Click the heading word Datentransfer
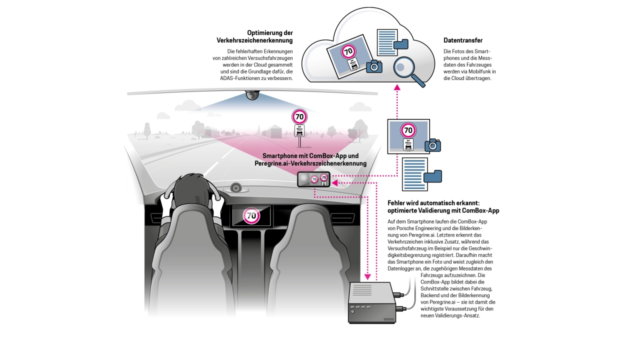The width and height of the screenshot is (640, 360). click(463, 40)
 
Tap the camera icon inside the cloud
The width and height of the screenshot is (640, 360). click(374, 66)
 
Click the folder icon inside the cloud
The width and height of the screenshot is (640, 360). click(401, 44)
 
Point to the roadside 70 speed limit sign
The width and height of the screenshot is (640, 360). click(299, 117)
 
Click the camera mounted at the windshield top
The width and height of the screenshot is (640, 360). click(252, 95)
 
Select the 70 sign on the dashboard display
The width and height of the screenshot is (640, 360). click(251, 216)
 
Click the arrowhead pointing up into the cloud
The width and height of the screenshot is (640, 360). click(397, 87)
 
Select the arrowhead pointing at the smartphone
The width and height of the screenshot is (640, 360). click(334, 183)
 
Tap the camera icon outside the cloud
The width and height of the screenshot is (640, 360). click(432, 145)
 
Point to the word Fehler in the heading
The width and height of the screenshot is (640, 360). click(397, 203)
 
